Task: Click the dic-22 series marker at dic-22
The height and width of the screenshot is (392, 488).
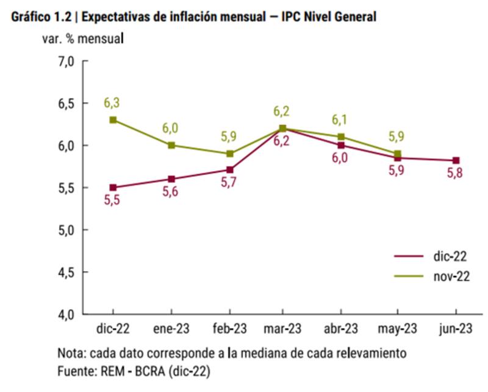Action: pos(113,187)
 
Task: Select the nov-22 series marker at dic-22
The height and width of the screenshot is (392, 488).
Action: pos(113,120)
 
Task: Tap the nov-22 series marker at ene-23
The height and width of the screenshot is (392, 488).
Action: pos(171,145)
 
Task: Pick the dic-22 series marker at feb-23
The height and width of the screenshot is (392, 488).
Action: pos(230,170)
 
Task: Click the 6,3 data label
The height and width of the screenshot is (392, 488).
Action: pos(113,102)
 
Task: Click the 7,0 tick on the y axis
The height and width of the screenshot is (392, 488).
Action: pos(66,61)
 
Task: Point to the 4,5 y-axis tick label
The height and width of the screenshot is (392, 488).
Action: pos(66,272)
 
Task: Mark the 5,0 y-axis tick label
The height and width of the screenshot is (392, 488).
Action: pos(66,230)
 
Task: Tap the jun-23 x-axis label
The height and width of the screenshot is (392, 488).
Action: pos(455,329)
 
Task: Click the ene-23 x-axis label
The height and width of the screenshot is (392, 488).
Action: pos(171,329)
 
